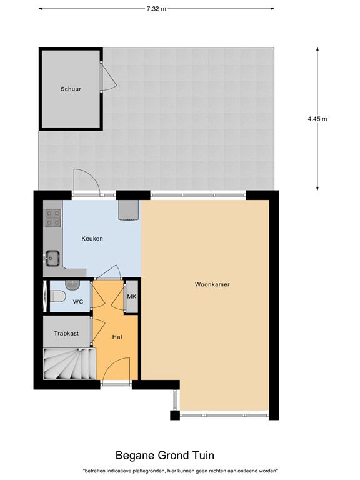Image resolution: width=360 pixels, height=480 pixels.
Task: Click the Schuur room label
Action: click(71, 89)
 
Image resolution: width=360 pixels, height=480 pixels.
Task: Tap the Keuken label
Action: click(92, 239)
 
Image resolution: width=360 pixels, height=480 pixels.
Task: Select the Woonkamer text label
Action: click(212, 284)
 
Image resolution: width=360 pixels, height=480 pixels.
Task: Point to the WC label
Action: click(78, 302)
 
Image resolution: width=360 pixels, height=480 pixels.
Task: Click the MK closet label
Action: click(131, 296)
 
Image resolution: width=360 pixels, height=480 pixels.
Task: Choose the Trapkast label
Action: click(66, 334)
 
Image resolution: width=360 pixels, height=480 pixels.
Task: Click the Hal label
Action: click(117, 337)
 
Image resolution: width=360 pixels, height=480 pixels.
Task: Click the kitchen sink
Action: click(52, 257)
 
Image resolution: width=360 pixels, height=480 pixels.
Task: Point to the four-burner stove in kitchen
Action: click(52, 217)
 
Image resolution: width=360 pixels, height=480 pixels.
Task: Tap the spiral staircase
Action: click(68, 364)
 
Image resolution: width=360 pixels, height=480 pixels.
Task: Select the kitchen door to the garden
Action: click(84, 181)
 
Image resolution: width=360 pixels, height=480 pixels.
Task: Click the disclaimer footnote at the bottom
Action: click(180, 471)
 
